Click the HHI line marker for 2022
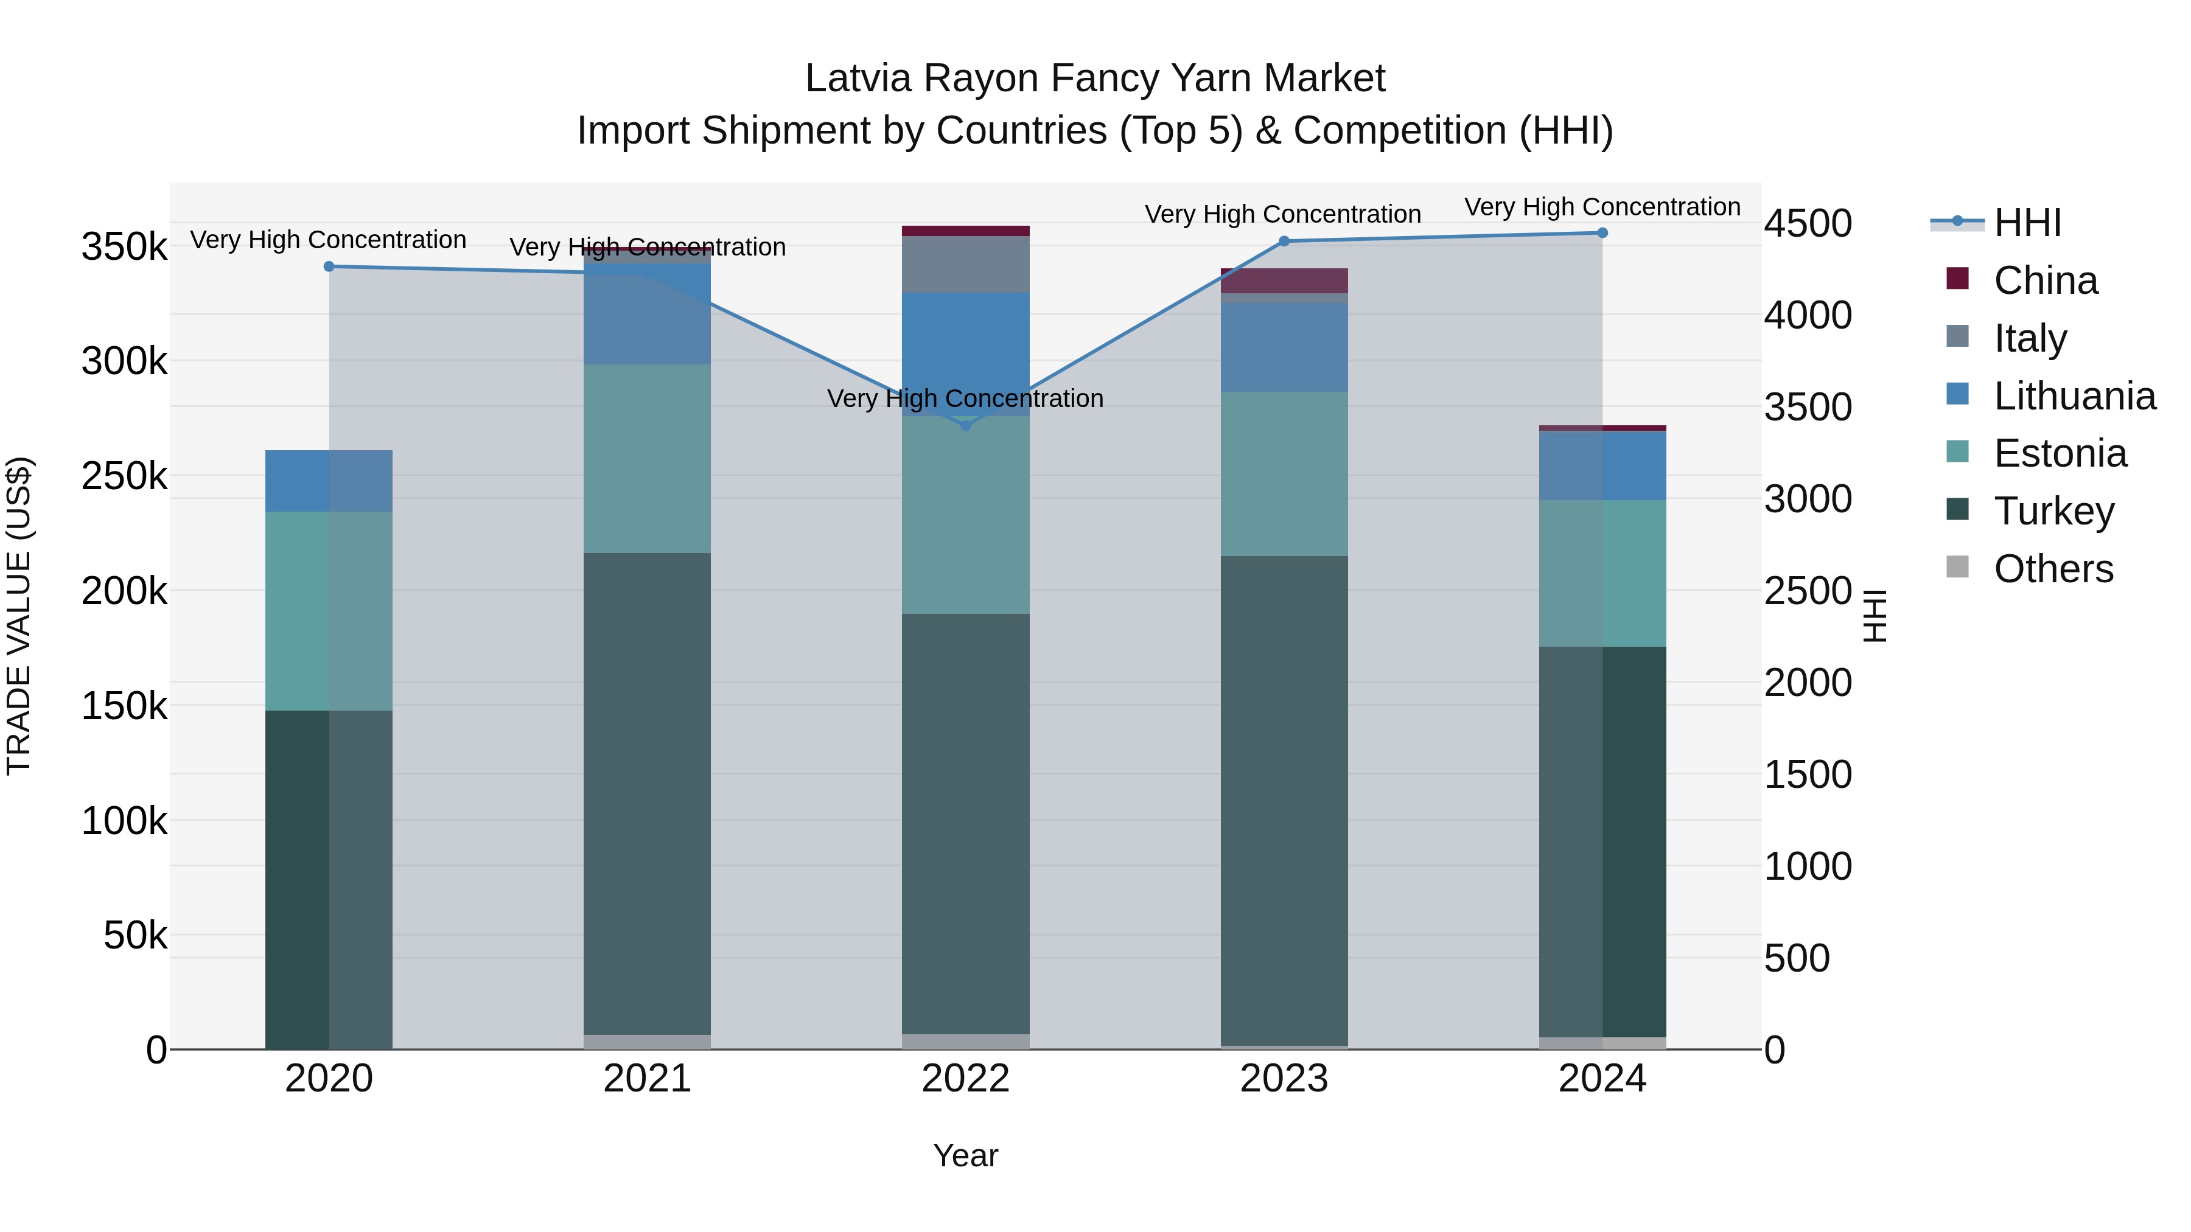coord(965,425)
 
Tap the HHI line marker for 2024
coord(1602,233)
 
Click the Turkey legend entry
coord(2053,512)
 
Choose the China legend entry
coord(2045,280)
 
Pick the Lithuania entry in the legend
coord(2074,396)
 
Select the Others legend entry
coord(2052,569)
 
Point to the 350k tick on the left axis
coord(124,248)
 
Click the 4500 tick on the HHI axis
coord(1808,224)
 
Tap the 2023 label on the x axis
coord(1284,1079)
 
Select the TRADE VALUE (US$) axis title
coord(19,616)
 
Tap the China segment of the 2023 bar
coord(1284,280)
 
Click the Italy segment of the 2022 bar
coord(965,265)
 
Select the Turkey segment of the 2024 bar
coord(1602,842)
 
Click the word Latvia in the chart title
coord(859,78)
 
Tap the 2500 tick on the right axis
coord(1808,591)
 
